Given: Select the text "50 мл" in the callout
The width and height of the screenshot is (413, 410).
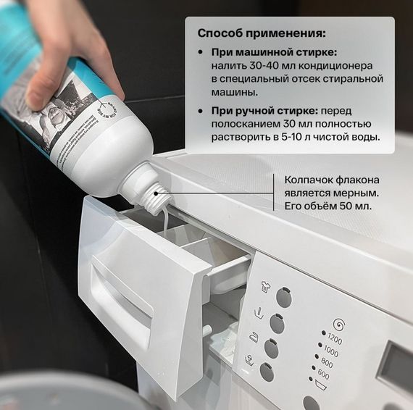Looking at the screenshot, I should (x=364, y=206).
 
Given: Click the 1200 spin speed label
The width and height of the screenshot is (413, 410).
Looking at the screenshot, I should (x=335, y=338).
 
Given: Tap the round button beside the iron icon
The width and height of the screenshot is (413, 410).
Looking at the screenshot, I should (x=271, y=348).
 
